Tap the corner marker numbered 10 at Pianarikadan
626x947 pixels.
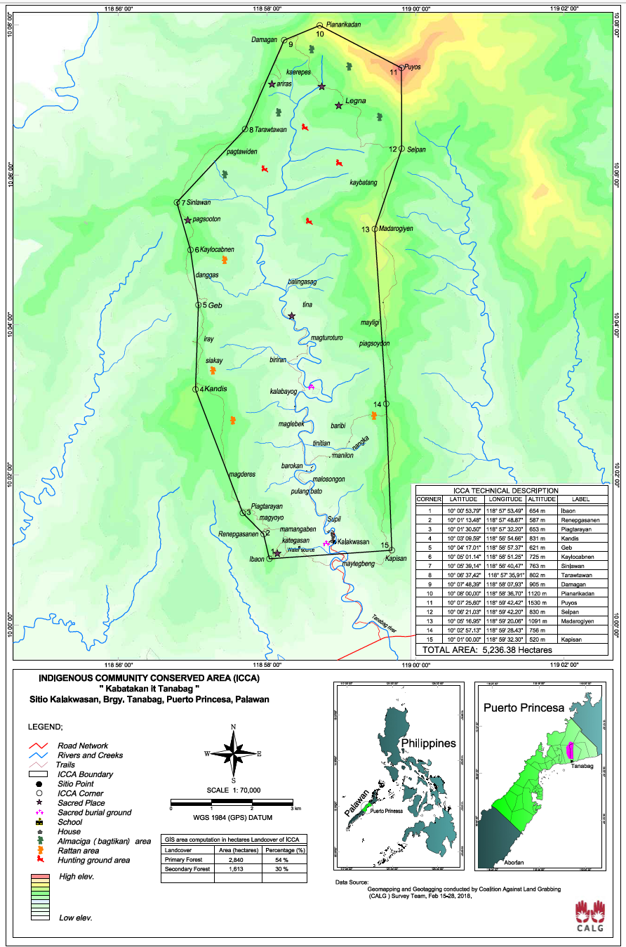[319, 25]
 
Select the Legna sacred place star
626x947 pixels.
[338, 105]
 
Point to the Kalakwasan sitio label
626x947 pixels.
[353, 542]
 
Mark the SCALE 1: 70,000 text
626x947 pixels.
[233, 790]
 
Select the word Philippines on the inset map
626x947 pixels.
[428, 743]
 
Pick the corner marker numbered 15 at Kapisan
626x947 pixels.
[392, 550]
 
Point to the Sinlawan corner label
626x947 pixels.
[197, 202]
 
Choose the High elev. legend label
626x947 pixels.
[77, 877]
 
